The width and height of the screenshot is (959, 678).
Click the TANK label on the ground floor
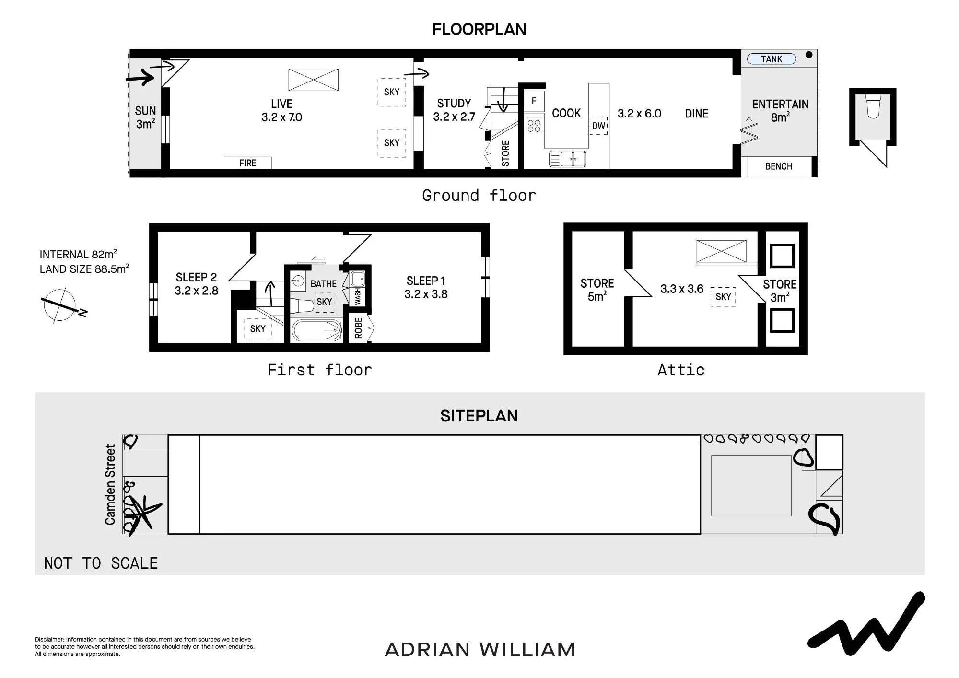coord(772,59)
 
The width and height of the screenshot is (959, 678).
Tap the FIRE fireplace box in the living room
coord(248,163)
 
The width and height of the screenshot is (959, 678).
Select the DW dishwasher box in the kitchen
coord(598,126)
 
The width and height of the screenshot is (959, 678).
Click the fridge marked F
coord(534,101)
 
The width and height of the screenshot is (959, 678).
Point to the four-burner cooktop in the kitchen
coord(534,126)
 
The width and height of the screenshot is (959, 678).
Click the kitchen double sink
coord(568,159)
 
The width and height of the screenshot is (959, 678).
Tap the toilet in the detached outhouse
coord(873,106)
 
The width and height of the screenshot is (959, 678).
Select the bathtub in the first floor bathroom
coord(317,330)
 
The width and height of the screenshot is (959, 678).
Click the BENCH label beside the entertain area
coord(779,166)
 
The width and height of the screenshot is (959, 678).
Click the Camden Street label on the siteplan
coord(110,484)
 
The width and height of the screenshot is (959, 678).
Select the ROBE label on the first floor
coord(358,328)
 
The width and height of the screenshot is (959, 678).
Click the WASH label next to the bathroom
coord(358,297)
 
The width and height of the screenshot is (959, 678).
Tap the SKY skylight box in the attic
coord(723,297)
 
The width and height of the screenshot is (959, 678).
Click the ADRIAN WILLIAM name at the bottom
coord(480,650)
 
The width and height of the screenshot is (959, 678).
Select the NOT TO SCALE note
coord(101,563)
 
